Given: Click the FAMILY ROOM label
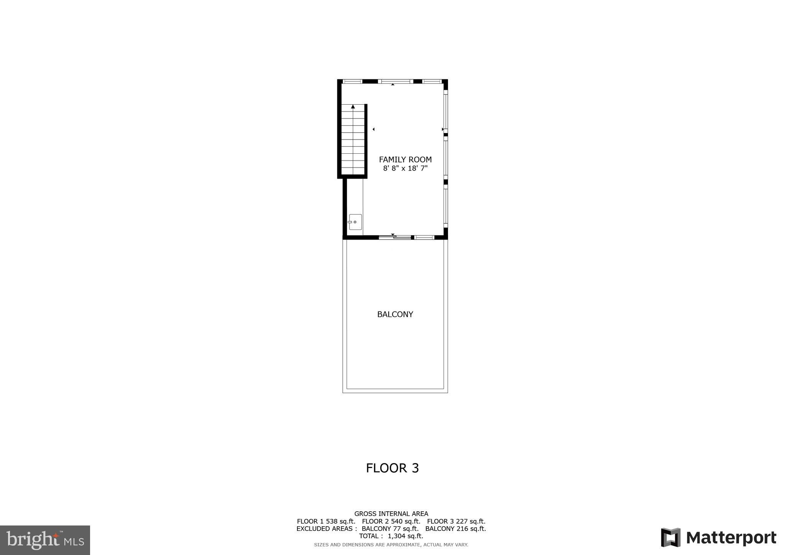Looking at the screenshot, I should [405, 159].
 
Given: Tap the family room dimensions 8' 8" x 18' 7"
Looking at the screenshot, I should [405, 168].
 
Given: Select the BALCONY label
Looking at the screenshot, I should [395, 314].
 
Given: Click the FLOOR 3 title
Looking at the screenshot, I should [392, 468].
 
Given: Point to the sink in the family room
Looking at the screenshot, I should [355, 222].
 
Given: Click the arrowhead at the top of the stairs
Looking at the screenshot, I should [353, 107].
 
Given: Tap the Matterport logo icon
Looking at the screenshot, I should [670, 537].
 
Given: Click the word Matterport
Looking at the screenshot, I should [731, 538].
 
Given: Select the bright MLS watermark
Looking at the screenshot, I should [45, 540].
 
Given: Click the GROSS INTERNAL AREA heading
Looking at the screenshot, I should [391, 514].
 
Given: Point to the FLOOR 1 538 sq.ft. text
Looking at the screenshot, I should [326, 521].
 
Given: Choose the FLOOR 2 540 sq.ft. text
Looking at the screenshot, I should [391, 521].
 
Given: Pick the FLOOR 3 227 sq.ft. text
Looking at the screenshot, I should [456, 521].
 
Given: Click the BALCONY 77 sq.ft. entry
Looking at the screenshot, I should [390, 529].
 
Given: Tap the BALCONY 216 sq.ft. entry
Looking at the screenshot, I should [455, 529].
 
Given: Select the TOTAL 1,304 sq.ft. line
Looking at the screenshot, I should [391, 536].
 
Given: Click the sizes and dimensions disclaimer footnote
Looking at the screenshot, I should [391, 545].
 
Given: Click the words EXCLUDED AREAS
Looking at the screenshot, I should [326, 529].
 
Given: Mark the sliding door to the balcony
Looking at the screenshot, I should [395, 238].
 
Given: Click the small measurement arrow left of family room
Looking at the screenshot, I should [373, 130].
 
